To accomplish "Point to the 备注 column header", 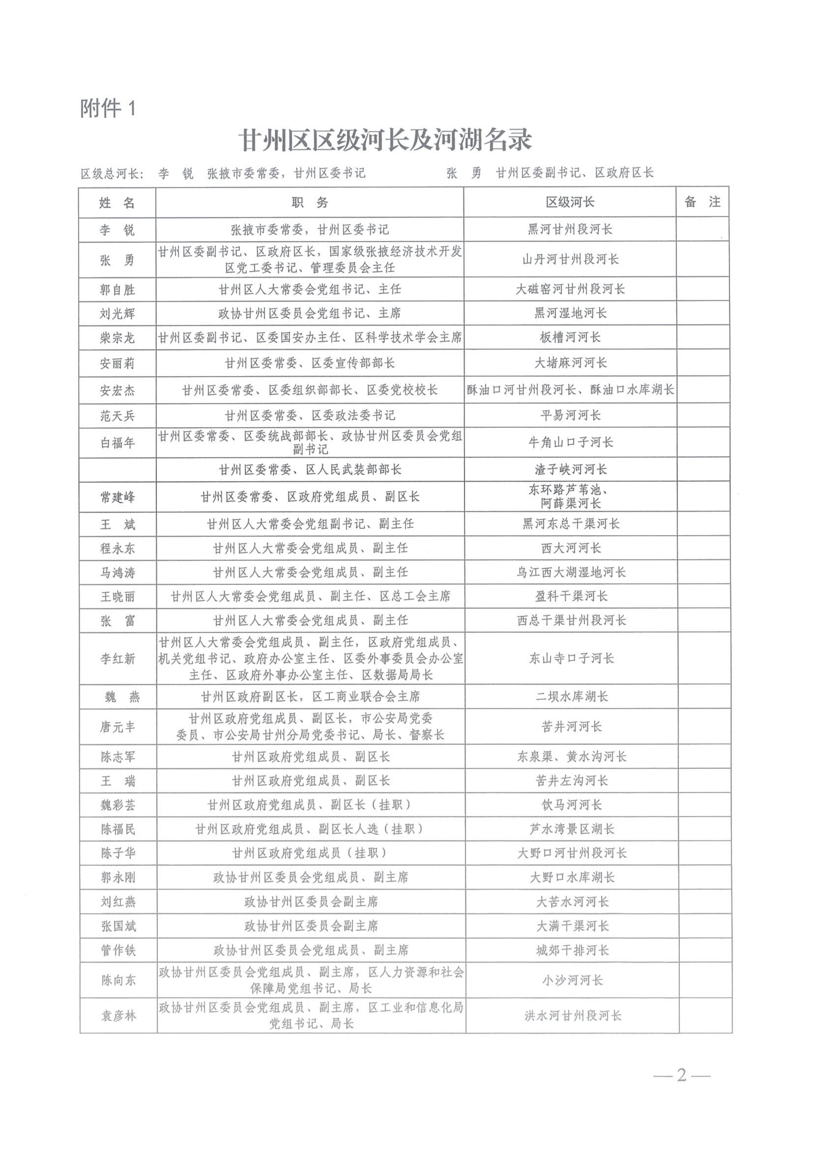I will [702, 202].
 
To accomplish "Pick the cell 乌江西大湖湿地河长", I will [571, 573].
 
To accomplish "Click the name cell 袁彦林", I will [118, 1016].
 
